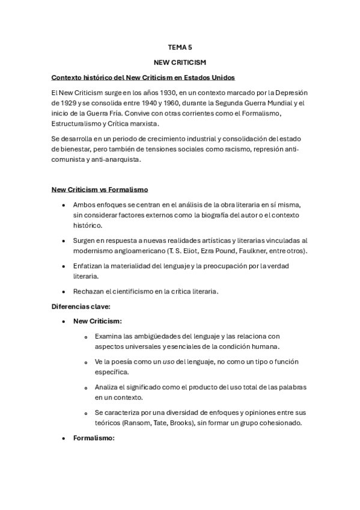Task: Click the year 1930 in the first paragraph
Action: [x=148, y=93]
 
